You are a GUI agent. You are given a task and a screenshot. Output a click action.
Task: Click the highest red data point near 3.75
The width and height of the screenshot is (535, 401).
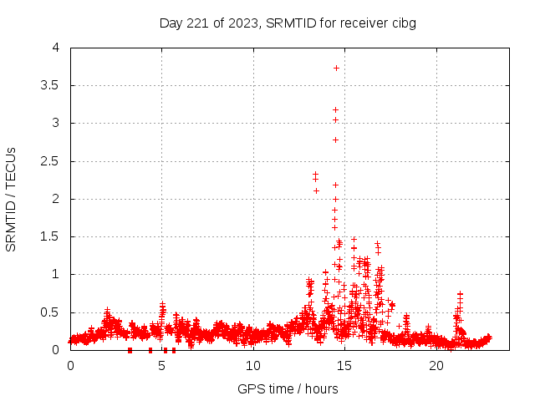tap(336, 68)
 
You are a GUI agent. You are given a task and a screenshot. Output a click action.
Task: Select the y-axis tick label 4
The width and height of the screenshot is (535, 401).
tap(56, 48)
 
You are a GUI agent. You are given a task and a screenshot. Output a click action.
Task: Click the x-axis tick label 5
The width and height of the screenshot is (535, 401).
tap(161, 366)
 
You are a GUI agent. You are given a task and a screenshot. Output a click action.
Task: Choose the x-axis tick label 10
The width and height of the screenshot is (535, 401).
tap(253, 366)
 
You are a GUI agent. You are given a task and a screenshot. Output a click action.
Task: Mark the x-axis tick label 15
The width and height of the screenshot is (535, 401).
tap(344, 366)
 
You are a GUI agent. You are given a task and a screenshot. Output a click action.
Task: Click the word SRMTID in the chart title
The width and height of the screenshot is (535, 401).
tap(290, 23)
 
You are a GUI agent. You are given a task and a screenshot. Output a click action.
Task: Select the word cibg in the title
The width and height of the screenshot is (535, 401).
tap(402, 23)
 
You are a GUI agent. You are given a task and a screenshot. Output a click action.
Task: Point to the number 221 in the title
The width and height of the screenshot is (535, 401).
tap(197, 23)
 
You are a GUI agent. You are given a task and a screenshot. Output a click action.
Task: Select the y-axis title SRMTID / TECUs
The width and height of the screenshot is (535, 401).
tap(11, 199)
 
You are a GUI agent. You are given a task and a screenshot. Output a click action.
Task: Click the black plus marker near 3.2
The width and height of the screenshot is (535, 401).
tap(335, 109)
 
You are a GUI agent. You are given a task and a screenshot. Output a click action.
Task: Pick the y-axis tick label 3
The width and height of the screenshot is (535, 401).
tap(56, 123)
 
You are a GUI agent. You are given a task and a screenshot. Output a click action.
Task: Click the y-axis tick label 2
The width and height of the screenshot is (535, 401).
tap(56, 199)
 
